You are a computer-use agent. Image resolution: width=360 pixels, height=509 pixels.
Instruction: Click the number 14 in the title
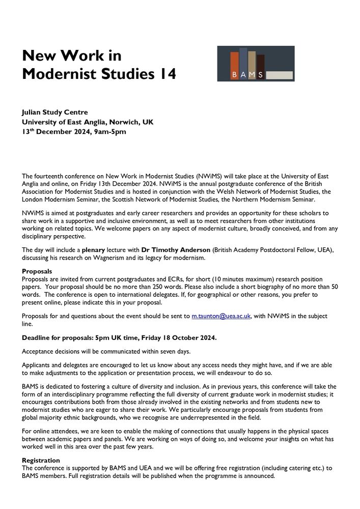(167, 74)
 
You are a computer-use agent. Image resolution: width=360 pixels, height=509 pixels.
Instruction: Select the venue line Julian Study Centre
(55, 112)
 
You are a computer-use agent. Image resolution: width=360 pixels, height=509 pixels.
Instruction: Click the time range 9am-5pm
(108, 132)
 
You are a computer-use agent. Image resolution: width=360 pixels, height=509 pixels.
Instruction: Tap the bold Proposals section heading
(37, 271)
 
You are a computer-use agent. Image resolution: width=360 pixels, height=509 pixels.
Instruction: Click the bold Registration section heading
(41, 461)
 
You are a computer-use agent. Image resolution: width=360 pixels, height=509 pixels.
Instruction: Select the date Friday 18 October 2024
(169, 337)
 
